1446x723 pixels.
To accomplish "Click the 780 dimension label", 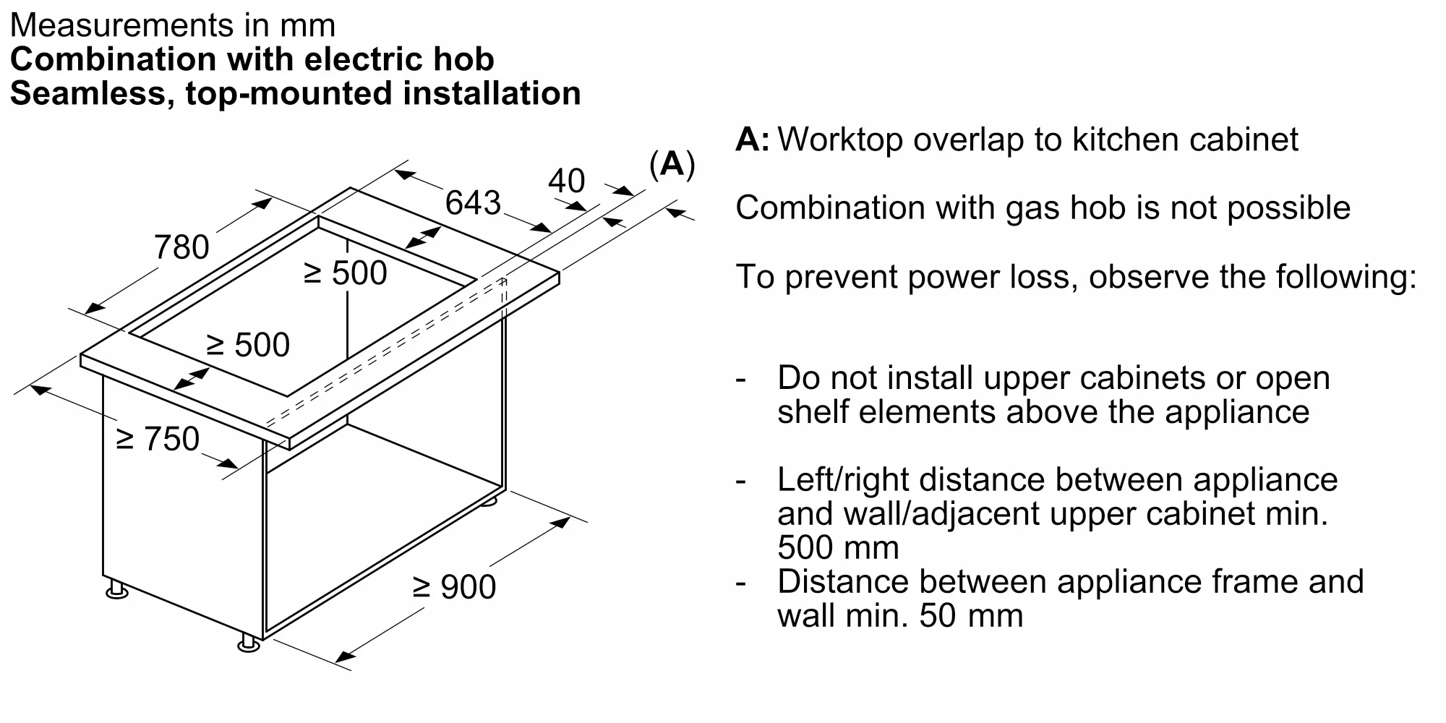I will (181, 247).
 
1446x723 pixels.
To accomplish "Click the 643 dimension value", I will (472, 202).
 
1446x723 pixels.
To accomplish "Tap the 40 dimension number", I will (566, 181).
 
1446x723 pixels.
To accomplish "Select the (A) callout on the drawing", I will (672, 165).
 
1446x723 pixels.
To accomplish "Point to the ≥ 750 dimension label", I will (158, 439).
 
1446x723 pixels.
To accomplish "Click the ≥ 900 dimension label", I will (454, 586).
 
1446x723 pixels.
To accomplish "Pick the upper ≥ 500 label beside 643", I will (346, 273).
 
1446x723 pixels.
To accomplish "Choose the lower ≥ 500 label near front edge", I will (248, 345).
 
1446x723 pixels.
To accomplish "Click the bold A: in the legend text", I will (752, 140).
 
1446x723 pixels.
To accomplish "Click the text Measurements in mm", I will (172, 25).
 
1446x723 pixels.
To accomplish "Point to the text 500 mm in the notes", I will (837, 547).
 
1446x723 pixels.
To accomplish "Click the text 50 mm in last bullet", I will (971, 616).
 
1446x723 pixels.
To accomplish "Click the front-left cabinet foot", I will (116, 591).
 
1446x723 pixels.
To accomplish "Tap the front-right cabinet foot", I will (248, 643).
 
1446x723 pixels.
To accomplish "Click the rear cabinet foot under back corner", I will (489, 500).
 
